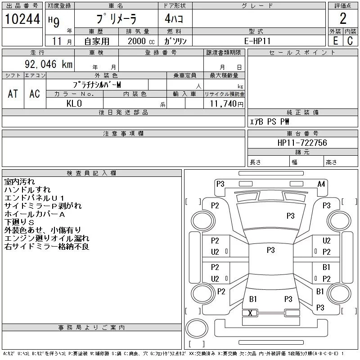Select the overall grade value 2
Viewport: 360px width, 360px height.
coord(343,19)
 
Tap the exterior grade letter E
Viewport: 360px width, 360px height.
coord(335,40)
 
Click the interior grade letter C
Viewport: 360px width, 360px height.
coord(350,40)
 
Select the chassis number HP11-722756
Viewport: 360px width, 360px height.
coord(302,143)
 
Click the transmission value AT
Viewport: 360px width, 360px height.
coord(13,94)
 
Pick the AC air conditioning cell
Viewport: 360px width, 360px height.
coord(35,94)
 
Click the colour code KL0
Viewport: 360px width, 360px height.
coord(74,103)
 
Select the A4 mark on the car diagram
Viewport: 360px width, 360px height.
coord(321,184)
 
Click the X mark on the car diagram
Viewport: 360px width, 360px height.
coord(250,313)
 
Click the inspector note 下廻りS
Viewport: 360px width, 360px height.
coord(19,223)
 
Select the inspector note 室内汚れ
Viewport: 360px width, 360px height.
coord(19,182)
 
